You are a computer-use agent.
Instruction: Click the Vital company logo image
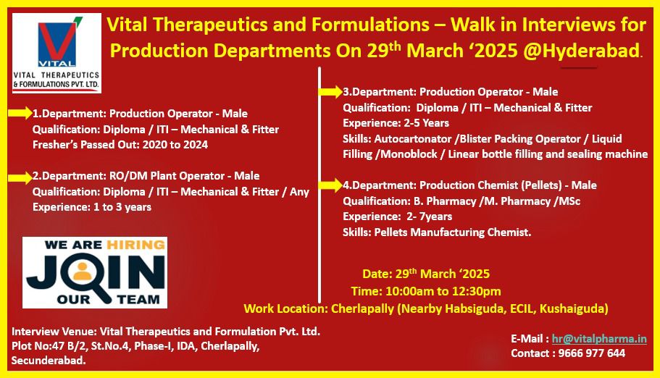tap(57, 53)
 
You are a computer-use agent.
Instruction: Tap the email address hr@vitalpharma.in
tap(599, 339)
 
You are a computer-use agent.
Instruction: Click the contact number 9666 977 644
tap(591, 353)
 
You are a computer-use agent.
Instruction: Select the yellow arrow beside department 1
tap(20, 113)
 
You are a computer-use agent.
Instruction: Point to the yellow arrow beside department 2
tap(20, 177)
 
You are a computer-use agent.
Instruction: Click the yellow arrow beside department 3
tap(330, 92)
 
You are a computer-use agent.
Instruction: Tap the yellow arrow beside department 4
tap(330, 185)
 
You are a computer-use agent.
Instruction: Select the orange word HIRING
tap(135, 245)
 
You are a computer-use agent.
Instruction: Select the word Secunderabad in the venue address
tap(49, 361)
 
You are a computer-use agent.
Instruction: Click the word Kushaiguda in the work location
tap(574, 309)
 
